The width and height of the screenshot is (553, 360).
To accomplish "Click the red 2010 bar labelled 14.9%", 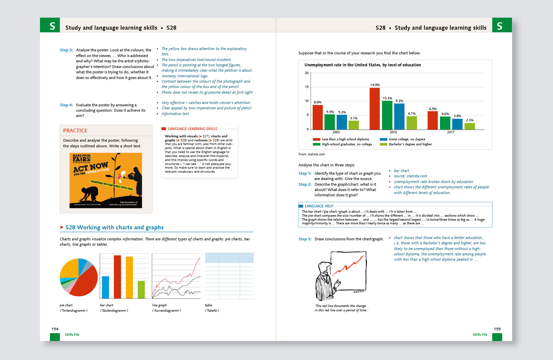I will click(374, 108).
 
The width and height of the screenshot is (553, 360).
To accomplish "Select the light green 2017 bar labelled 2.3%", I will click(469, 126).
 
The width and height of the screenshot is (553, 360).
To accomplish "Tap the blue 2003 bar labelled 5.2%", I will click(342, 122).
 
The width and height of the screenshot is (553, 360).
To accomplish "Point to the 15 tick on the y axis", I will click(306, 87).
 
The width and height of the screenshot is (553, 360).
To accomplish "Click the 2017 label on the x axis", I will click(450, 132).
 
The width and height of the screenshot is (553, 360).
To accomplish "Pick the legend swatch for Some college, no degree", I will click(383, 139).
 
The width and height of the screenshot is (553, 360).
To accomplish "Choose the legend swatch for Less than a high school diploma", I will click(316, 139).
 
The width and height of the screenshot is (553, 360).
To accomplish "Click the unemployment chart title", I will click(362, 65).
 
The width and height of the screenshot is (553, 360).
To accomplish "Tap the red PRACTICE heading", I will click(75, 131).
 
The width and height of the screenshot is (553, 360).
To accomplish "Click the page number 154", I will click(55, 329).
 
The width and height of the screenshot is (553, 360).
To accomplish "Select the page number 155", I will click(497, 329).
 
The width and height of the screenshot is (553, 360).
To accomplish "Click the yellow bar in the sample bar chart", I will click(129, 277).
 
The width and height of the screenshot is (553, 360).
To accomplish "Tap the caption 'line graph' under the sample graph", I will click(159, 305).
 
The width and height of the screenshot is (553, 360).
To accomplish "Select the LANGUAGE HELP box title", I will click(319, 206).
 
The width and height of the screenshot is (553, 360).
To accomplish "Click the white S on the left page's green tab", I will click(52, 26).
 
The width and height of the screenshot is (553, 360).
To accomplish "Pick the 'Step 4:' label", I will click(66, 105).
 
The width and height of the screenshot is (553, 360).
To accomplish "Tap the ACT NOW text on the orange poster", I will click(91, 167).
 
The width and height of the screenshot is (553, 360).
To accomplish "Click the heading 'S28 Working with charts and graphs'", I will click(114, 227).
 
